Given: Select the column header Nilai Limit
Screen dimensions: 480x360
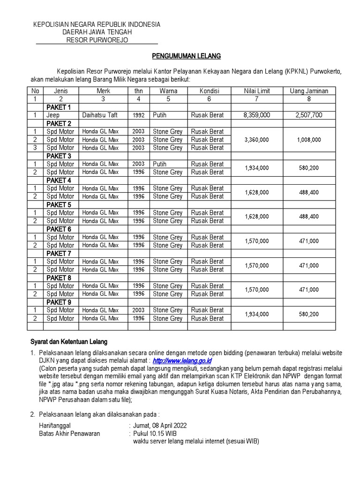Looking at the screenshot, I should tap(257, 91).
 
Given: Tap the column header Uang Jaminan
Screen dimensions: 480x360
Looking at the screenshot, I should tap(309, 91).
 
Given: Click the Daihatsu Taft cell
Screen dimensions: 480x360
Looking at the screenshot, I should tap(99, 115).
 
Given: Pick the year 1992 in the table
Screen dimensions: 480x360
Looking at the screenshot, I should tap(138, 115).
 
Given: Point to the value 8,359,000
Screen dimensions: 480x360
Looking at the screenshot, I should tap(257, 115).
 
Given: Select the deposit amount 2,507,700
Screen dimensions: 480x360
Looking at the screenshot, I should tap(309, 115).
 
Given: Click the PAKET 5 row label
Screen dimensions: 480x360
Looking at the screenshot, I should tap(59, 205).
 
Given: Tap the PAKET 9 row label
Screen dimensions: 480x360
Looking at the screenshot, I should tap(59, 302).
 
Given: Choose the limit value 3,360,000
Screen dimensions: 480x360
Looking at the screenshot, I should tap(257, 140).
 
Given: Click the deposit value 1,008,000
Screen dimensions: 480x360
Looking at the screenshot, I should tap(309, 140).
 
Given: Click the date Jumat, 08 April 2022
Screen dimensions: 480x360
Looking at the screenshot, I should tap(160, 425).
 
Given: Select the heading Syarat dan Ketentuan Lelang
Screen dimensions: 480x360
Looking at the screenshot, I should tap(69, 342).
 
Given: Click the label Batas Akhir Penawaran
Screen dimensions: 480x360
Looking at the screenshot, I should tap(69, 434).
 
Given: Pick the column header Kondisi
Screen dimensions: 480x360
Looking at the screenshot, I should tap(209, 91).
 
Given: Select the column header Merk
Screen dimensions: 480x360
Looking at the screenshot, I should tap(103, 91).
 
